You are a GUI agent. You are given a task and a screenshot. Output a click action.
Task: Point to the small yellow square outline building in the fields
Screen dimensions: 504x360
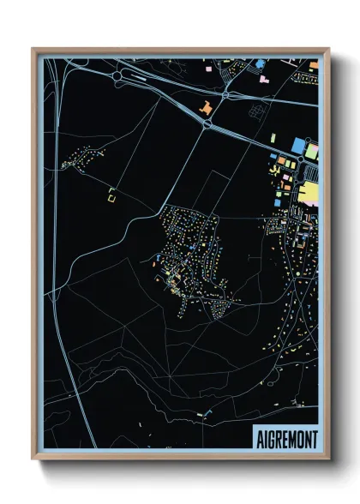tap(111, 195)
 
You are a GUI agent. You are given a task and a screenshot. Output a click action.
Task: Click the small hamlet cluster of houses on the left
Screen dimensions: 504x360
tap(84, 158)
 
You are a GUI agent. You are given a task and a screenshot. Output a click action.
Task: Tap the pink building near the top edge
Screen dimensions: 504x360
tap(261, 78)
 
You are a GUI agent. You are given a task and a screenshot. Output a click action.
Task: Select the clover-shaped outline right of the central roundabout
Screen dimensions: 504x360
tap(255, 110)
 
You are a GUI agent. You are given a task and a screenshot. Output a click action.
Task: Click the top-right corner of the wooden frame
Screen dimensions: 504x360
tap(327, 49)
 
